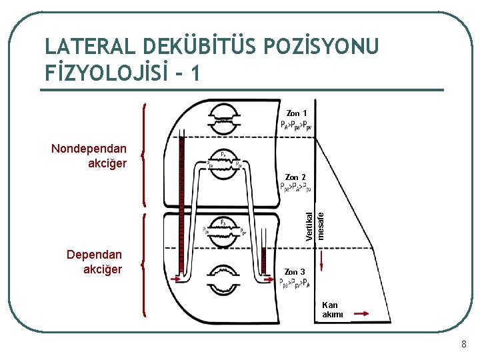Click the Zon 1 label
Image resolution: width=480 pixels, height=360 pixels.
[x=297, y=113]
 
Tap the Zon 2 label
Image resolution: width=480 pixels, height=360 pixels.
[x=295, y=177]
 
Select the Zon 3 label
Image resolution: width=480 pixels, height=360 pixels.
[x=295, y=272]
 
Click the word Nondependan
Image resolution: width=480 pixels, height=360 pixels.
[x=89, y=148]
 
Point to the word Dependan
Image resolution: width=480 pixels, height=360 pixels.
[x=95, y=255]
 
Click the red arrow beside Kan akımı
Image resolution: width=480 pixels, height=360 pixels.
[x=362, y=313]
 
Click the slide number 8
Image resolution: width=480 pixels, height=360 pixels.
[x=463, y=345]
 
